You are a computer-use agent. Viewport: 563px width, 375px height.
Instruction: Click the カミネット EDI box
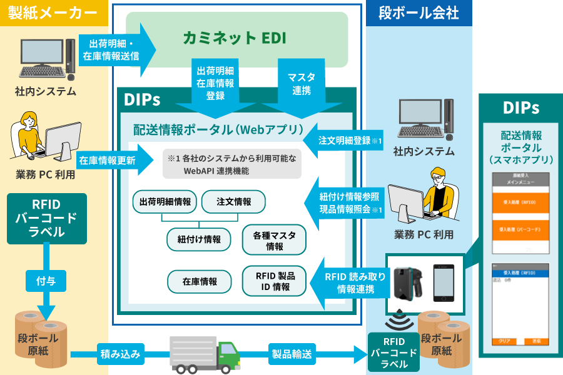point(236,39)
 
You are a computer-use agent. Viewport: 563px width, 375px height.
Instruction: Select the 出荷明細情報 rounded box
point(165,202)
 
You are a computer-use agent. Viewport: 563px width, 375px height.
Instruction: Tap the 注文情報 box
point(234,202)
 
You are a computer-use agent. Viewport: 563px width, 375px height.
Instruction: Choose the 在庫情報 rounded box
point(200,282)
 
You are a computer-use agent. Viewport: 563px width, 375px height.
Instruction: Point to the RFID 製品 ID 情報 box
point(275,281)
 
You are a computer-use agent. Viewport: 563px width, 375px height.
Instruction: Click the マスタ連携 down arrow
point(302,85)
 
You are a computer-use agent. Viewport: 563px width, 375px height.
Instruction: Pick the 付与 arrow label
point(47,281)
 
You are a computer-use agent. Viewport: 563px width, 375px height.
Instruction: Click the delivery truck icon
point(204,354)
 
